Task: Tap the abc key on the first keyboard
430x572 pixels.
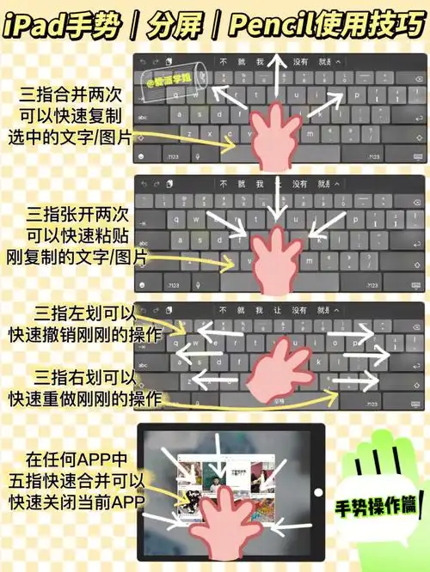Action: (x=143, y=115)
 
